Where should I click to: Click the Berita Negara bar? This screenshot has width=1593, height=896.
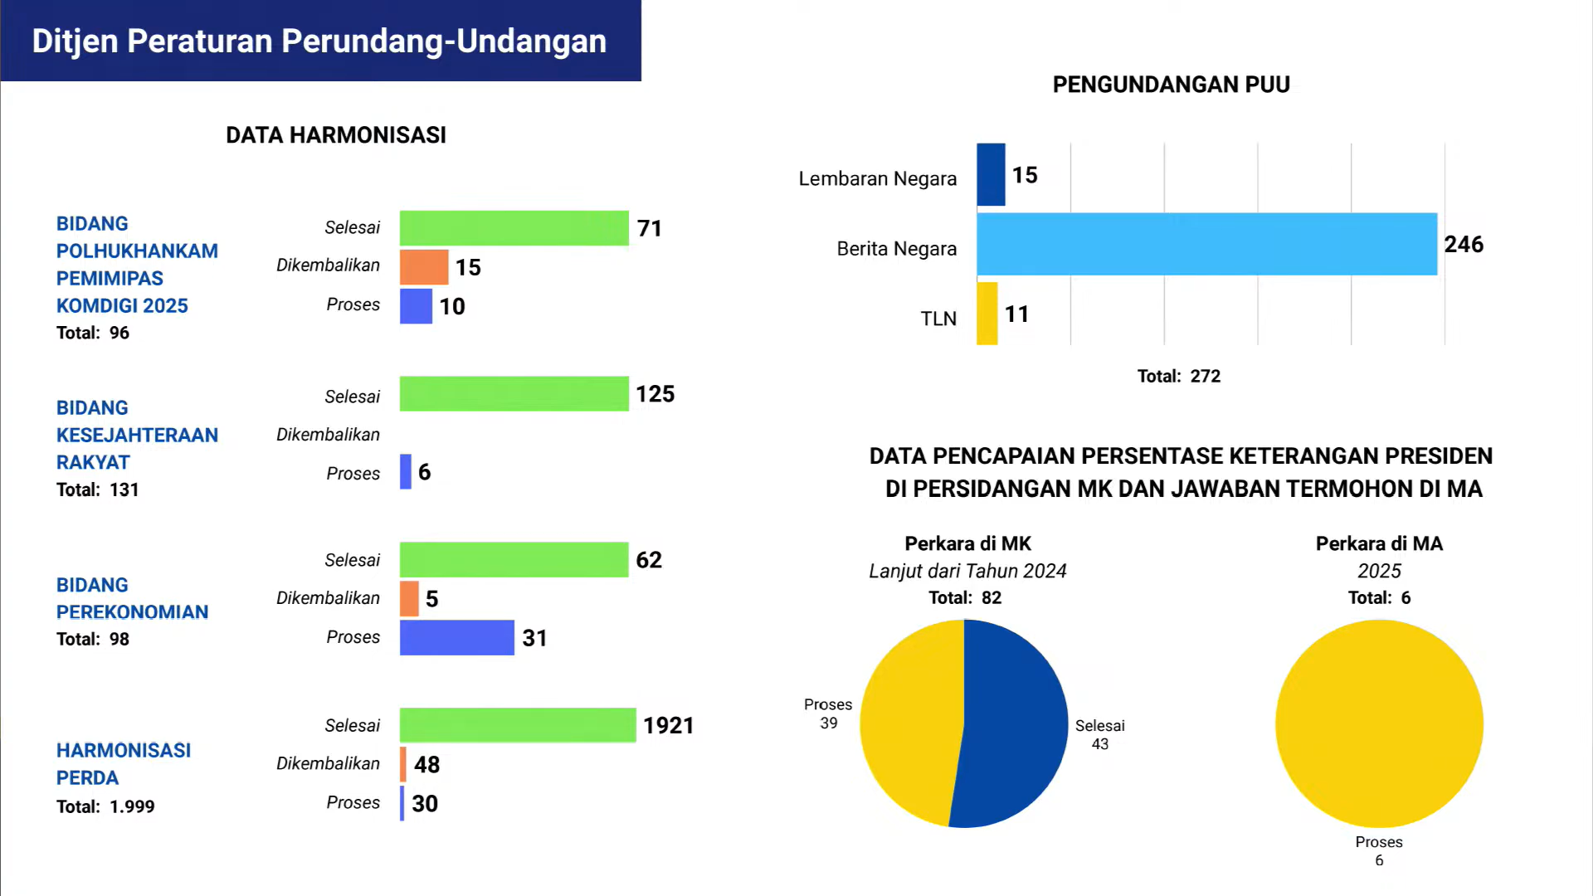1206,244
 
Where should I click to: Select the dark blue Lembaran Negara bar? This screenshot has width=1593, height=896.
991,174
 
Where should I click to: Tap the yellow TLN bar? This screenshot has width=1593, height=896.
986,314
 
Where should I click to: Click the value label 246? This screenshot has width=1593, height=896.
1464,245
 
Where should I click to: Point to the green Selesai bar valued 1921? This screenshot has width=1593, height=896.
518,725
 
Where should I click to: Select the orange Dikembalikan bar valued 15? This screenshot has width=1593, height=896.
424,267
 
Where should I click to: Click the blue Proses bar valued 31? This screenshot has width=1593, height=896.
457,638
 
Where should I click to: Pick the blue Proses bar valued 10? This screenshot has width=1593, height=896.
416,306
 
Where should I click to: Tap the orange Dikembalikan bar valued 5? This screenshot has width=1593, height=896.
409,599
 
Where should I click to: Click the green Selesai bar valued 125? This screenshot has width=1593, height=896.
514,394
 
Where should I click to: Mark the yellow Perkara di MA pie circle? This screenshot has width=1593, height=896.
1379,723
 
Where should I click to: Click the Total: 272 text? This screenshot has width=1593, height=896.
1179,377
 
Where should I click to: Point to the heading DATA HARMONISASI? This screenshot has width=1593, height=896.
336,135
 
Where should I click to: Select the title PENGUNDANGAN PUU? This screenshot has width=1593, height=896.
1171,85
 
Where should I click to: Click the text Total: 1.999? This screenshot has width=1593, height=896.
105,806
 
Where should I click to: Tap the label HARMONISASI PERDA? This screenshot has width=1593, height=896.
124,764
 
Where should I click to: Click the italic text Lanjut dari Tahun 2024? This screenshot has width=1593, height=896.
967,571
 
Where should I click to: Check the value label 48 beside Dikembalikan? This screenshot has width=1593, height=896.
426,765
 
